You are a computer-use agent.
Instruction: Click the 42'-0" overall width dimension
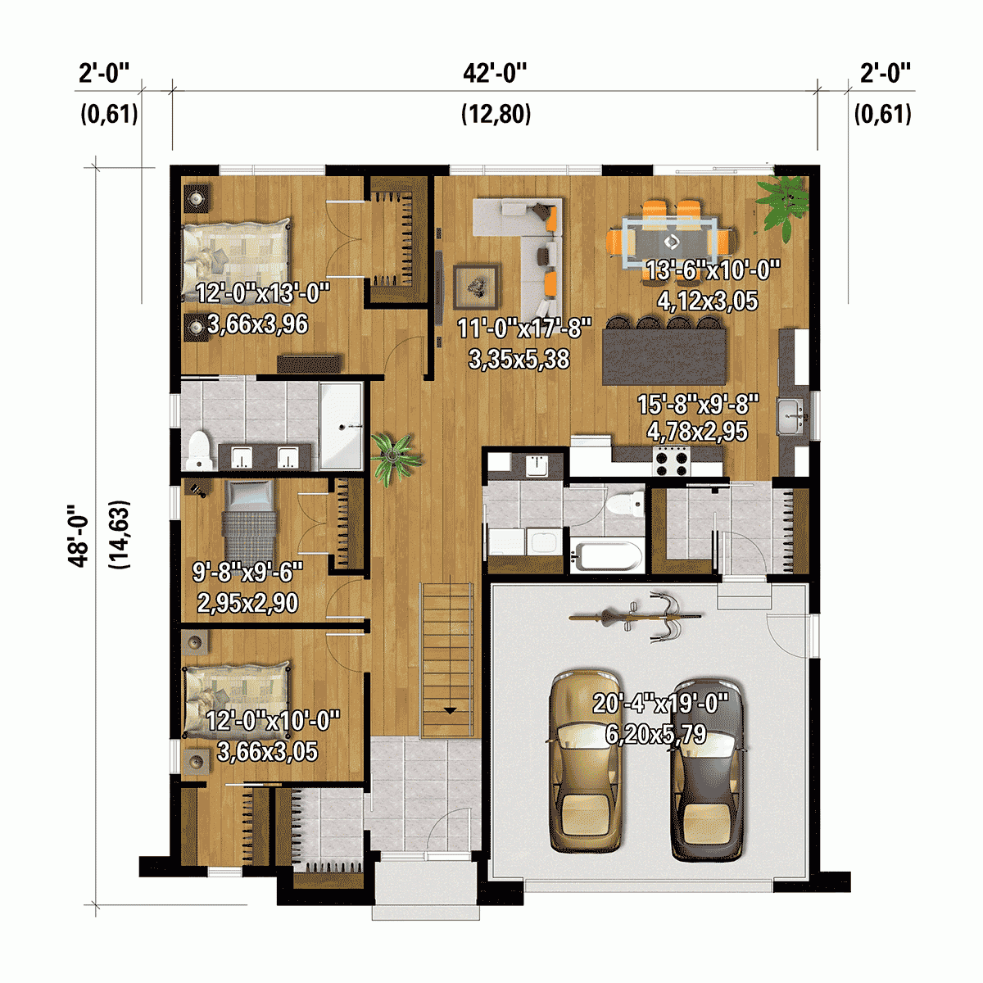pyautogui.click(x=495, y=74)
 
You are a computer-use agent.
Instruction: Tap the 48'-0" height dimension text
pyautogui.click(x=79, y=535)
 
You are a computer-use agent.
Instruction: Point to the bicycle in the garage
pyautogui.click(x=636, y=616)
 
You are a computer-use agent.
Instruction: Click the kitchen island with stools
pyautogui.click(x=664, y=355)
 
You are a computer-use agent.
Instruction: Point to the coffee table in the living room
pyautogui.click(x=476, y=285)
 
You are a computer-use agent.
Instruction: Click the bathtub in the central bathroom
pyautogui.click(x=606, y=556)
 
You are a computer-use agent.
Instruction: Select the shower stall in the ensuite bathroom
pyautogui.click(x=341, y=426)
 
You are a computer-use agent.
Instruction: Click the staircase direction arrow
pyautogui.click(x=449, y=710)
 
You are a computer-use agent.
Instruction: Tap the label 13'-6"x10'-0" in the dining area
pyautogui.click(x=713, y=270)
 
